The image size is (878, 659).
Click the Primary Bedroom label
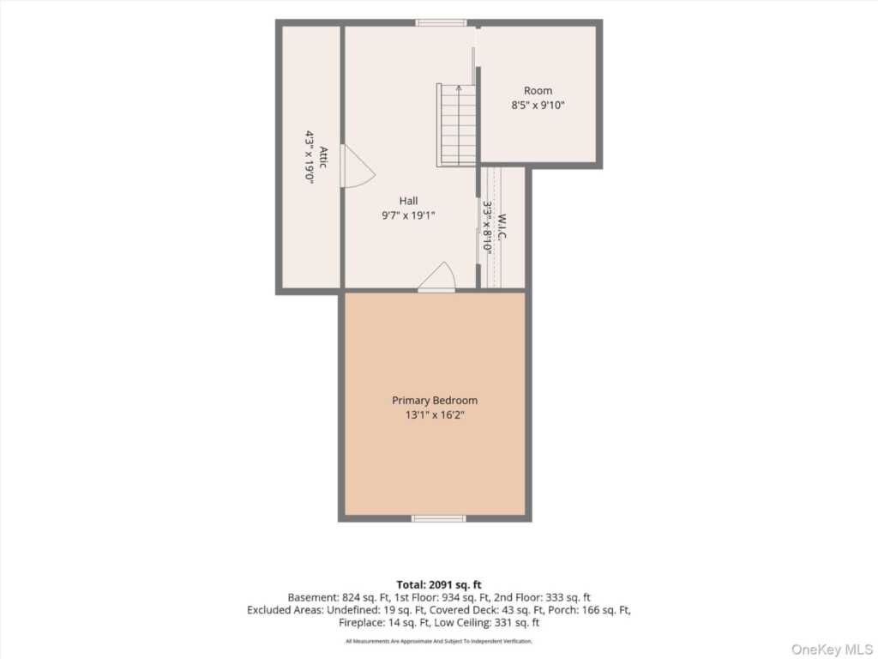coord(435,401)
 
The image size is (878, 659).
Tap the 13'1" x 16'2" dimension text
coord(435,415)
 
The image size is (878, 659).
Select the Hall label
coord(408,201)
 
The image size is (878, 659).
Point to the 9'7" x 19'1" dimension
coord(408,215)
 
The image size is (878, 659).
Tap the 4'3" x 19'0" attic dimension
coord(309,157)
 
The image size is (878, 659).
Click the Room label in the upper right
coord(538,90)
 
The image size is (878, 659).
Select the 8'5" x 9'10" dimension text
coord(538,105)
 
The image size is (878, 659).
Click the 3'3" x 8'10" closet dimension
coord(487,227)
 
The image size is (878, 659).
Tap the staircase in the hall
coord(456,125)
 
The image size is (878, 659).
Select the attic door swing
coord(358,166)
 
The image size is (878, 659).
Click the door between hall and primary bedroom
coord(437,277)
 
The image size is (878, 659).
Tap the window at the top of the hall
coord(442,23)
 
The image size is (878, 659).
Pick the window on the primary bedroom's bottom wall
coord(438,518)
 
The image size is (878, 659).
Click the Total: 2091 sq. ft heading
coord(439,585)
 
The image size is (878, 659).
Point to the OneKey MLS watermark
coord(832,649)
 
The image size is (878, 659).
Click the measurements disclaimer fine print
coord(439,641)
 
